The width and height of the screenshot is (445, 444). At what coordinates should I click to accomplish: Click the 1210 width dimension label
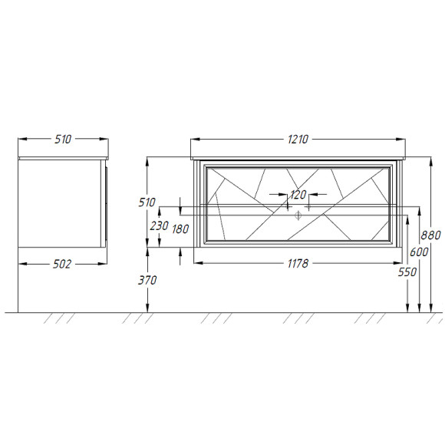[x=298, y=140]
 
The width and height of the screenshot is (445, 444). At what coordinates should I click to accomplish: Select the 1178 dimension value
[x=298, y=264]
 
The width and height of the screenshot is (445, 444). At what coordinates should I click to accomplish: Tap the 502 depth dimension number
[x=62, y=264]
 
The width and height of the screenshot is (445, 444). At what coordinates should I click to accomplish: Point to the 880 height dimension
[x=430, y=235]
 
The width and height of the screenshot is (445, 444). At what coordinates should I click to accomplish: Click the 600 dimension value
[x=419, y=252]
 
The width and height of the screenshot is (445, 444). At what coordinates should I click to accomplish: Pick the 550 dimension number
[x=407, y=272]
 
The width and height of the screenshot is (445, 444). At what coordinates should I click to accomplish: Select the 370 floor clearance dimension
[x=147, y=281]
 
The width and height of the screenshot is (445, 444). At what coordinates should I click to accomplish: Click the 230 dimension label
[x=160, y=226]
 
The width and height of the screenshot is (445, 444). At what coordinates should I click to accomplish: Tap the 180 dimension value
[x=180, y=229]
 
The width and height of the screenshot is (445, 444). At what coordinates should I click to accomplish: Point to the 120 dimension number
[x=298, y=195]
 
